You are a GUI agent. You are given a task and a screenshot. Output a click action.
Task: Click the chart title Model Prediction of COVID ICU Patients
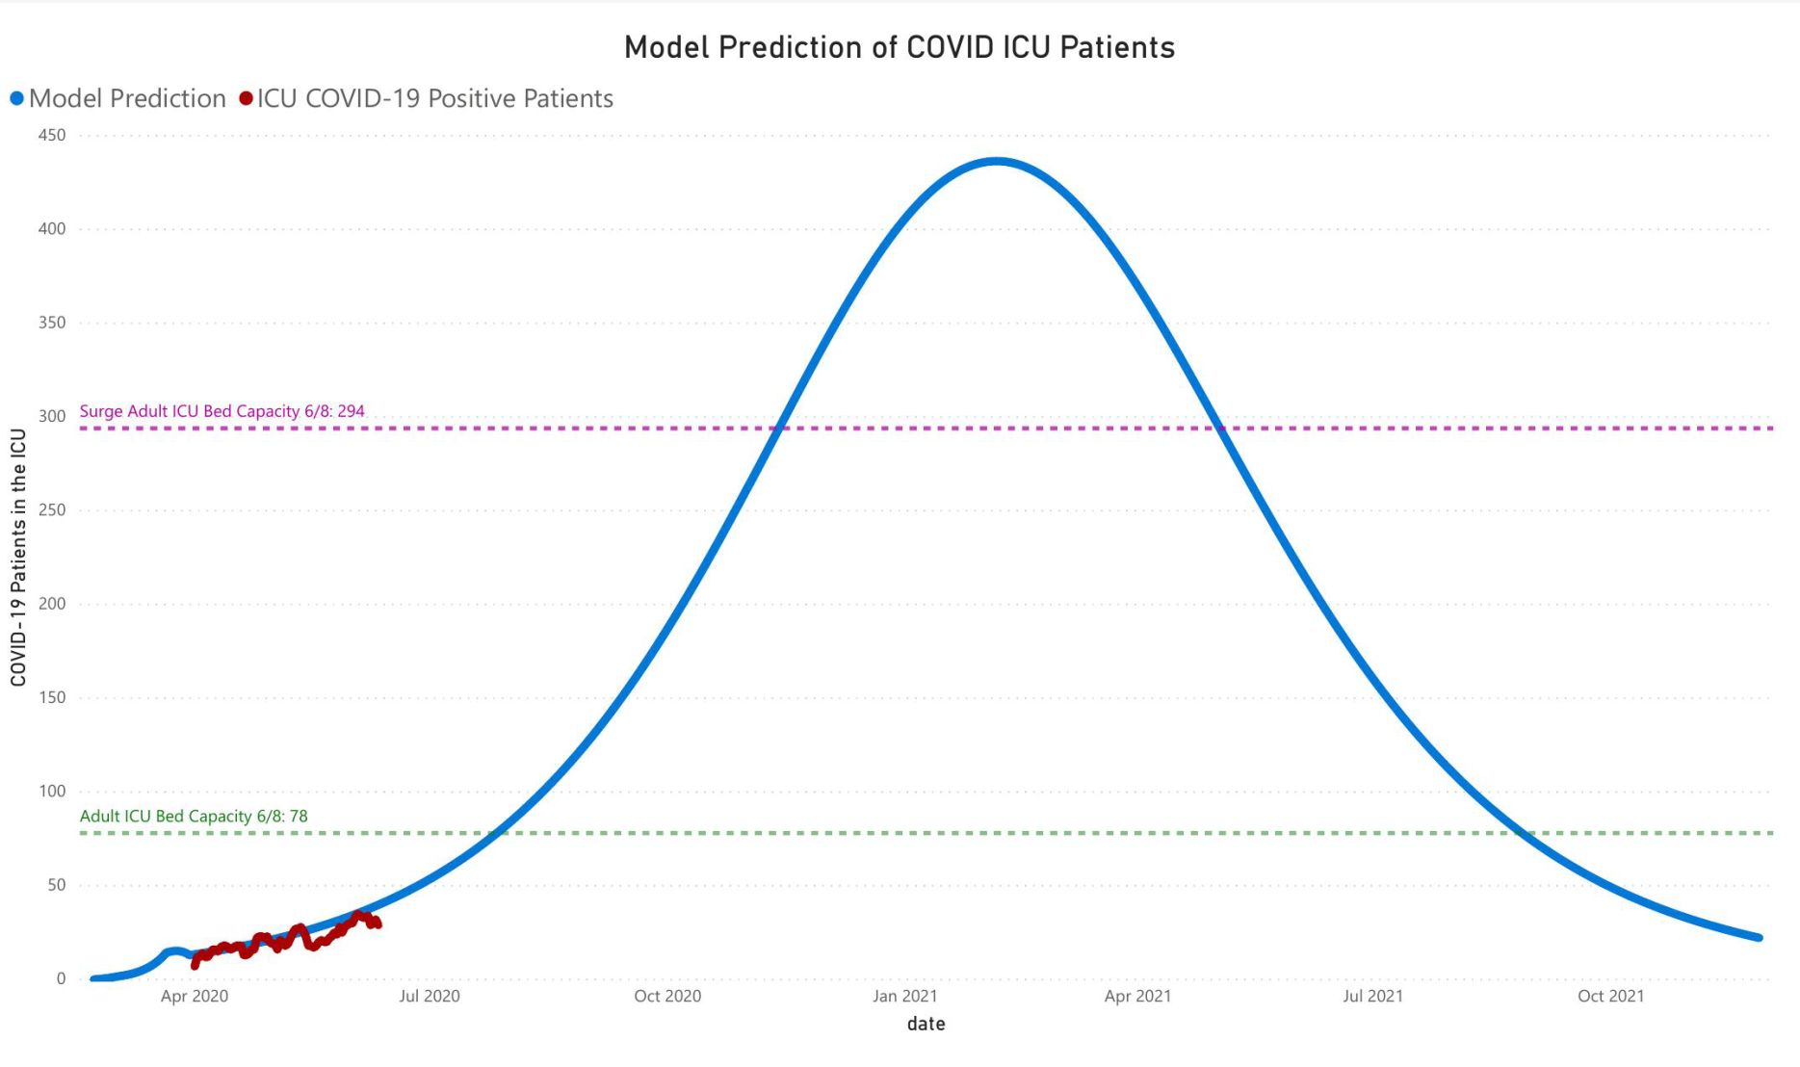pyautogui.click(x=900, y=47)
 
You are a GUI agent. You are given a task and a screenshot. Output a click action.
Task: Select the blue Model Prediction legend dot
pyautogui.click(x=16, y=98)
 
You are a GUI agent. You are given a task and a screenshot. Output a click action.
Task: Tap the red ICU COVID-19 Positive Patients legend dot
pyautogui.click(x=246, y=98)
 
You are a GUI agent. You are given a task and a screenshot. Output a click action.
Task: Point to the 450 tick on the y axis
pyautogui.click(x=52, y=136)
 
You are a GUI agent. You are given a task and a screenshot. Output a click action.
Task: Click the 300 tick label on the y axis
pyautogui.click(x=52, y=416)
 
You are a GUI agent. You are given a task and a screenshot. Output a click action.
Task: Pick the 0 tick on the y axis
pyautogui.click(x=61, y=978)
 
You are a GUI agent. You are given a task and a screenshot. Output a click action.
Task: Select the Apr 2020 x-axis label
pyautogui.click(x=195, y=996)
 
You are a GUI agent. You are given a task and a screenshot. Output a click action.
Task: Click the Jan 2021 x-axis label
pyautogui.click(x=904, y=996)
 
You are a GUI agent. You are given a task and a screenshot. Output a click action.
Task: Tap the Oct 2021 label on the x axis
pyautogui.click(x=1610, y=996)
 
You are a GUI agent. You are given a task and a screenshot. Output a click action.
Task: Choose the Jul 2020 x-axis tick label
pyautogui.click(x=430, y=996)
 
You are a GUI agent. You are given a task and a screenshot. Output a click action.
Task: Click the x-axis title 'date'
pyautogui.click(x=926, y=1024)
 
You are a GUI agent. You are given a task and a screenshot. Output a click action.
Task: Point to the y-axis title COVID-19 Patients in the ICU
pyautogui.click(x=18, y=558)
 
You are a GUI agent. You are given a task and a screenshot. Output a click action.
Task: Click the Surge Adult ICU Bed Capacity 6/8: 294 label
pyautogui.click(x=222, y=411)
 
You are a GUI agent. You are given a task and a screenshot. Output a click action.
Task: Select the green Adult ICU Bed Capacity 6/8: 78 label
pyautogui.click(x=194, y=816)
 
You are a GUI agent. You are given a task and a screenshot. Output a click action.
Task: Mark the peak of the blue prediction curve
pyautogui.click(x=997, y=162)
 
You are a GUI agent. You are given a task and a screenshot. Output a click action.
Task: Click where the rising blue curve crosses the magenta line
pyautogui.click(x=777, y=428)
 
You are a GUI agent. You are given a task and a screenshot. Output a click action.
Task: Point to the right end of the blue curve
pyautogui.click(x=1759, y=937)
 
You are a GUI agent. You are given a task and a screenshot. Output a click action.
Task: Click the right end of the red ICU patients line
pyautogui.click(x=378, y=924)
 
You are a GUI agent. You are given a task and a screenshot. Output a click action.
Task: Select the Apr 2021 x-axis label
pyautogui.click(x=1137, y=996)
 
